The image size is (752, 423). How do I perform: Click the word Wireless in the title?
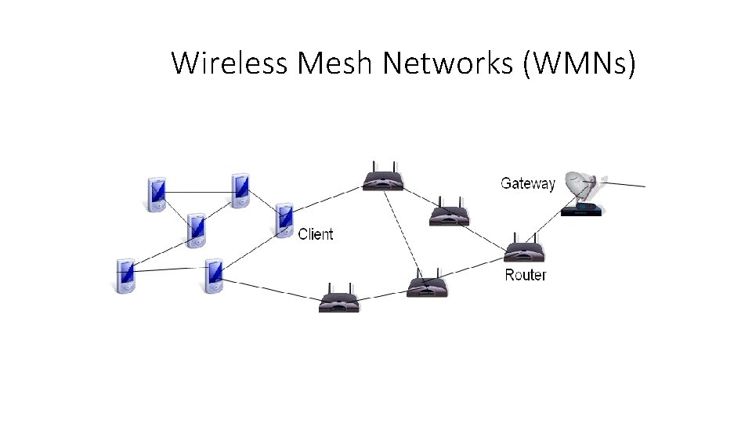point(230,63)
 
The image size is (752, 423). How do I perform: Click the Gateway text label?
point(527,183)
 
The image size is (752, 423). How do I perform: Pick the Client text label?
point(316,234)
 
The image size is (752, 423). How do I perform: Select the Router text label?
point(525,275)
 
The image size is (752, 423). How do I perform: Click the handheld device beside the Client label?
point(284,220)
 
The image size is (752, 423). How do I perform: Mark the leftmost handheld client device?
point(125,276)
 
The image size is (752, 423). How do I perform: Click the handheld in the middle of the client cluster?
point(196,230)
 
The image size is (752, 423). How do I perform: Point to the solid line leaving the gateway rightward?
point(627,184)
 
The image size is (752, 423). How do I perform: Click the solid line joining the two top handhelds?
point(198,192)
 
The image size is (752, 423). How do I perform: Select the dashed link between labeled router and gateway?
point(548,227)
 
